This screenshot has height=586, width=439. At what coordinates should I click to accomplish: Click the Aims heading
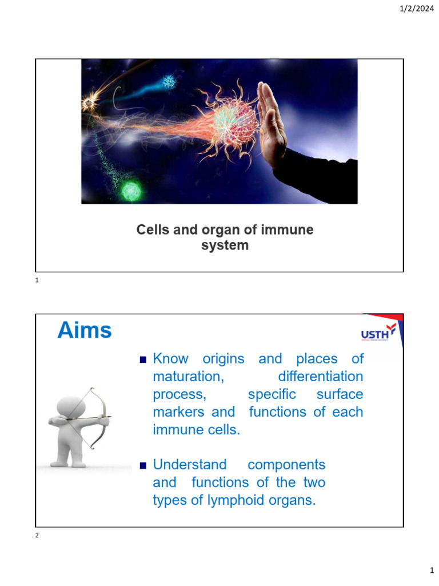85,331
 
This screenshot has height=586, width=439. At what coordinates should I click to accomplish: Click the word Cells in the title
151,230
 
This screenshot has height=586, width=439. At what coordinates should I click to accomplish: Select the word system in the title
225,246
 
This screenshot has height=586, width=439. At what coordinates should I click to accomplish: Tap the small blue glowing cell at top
168,82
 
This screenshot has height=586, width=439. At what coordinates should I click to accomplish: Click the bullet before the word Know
143,360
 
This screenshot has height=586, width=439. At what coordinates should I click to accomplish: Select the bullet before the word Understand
143,465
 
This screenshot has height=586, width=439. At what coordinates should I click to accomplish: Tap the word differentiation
320,377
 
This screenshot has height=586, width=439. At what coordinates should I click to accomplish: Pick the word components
286,465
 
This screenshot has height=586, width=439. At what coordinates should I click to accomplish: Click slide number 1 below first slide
37,280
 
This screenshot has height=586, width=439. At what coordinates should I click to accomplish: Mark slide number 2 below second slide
37,535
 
